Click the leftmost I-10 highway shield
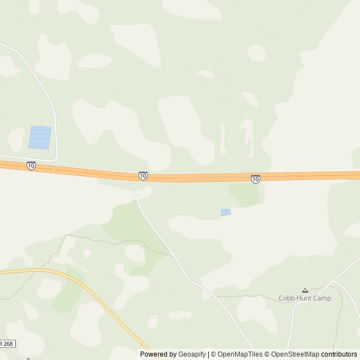31,165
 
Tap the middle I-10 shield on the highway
143,176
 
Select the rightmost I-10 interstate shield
256,178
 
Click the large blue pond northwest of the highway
40,137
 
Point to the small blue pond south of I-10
226,212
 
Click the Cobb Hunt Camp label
305,298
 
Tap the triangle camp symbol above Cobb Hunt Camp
305,290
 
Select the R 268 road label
7,344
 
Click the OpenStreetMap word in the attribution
295,354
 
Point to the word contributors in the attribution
339,354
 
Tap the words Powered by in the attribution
158,354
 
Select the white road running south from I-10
163,239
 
